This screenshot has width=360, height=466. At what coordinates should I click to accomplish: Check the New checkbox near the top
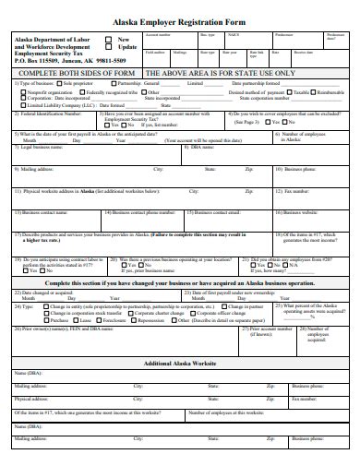coord(110,40)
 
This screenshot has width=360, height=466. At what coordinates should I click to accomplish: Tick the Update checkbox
coord(110,47)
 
